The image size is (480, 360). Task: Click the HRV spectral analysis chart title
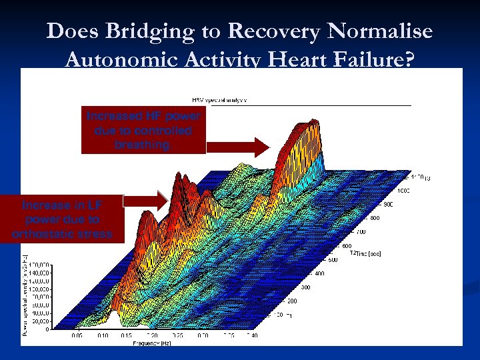coord(219,99)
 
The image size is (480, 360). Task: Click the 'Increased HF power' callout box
coord(143,131)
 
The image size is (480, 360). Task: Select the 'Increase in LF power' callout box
coord(61,219)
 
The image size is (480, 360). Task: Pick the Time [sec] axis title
coord(367,254)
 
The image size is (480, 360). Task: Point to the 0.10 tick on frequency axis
coord(102,335)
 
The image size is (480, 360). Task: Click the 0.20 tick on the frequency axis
coord(153,335)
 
